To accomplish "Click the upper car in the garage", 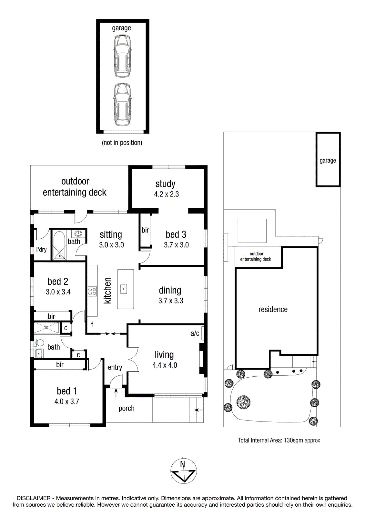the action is (122, 56).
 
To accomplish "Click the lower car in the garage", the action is (122, 104).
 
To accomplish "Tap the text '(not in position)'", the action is (122, 143).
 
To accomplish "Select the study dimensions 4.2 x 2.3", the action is (166, 194).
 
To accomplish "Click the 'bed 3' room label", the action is (176, 234).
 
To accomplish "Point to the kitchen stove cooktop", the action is (92, 291).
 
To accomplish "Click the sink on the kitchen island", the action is (123, 289).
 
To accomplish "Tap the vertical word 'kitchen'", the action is (107, 290).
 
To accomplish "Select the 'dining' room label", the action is (170, 291).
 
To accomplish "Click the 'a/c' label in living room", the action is (195, 333).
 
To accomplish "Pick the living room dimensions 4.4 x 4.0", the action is (165, 365).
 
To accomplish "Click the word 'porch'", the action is (127, 408).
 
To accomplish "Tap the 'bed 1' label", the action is (66, 391).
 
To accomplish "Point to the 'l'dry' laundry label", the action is (41, 250).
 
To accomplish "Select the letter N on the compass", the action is (182, 464).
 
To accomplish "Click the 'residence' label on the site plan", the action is (273, 309).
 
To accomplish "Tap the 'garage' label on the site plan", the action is (328, 161).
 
